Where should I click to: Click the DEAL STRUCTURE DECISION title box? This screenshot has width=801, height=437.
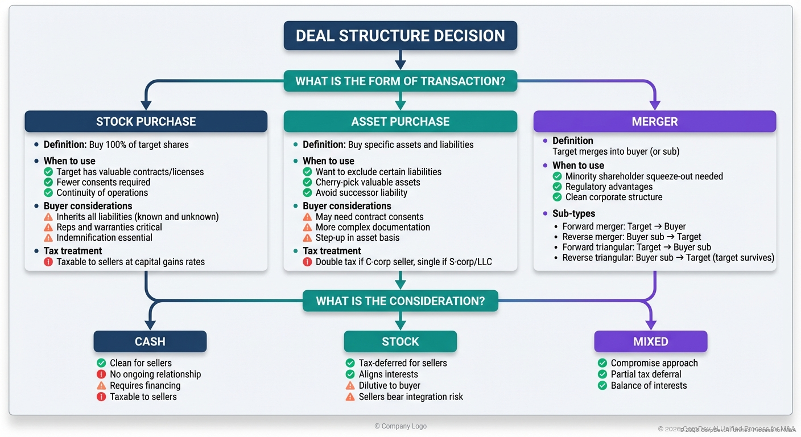400,35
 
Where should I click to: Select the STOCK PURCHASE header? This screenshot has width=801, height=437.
146,121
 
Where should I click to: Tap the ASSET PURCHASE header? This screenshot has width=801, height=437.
400,121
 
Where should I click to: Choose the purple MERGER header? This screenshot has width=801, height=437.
654,121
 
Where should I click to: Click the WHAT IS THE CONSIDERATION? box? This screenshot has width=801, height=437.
400,300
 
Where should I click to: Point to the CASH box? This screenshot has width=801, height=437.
150,341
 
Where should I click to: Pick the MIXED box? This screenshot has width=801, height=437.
650,341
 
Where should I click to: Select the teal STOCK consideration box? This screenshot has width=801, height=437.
400,341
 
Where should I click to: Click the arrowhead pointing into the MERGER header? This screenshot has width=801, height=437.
654,105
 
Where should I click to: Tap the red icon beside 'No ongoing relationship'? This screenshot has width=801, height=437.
101,374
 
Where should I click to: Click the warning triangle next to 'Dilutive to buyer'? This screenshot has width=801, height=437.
350,386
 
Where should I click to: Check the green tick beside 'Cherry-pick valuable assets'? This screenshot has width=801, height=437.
307,183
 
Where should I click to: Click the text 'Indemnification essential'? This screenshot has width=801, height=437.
104,238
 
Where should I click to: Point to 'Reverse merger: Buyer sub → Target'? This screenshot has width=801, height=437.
631,237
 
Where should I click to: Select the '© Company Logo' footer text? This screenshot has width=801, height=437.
400,426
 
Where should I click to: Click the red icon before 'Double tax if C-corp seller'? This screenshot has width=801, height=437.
307,262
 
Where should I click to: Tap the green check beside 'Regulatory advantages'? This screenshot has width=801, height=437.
557,187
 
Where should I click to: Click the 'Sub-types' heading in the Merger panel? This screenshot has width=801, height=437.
573,213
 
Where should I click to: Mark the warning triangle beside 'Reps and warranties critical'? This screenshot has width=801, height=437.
48,228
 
